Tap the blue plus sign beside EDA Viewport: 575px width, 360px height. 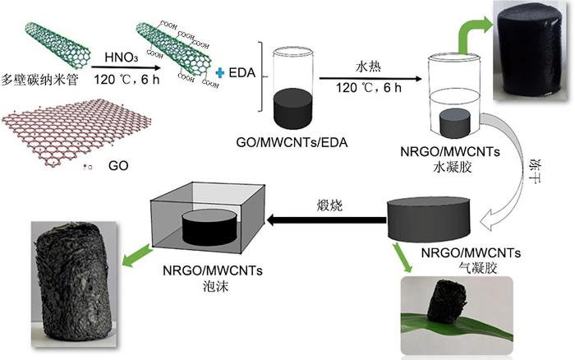(219, 73)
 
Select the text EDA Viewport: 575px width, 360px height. (239, 74)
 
